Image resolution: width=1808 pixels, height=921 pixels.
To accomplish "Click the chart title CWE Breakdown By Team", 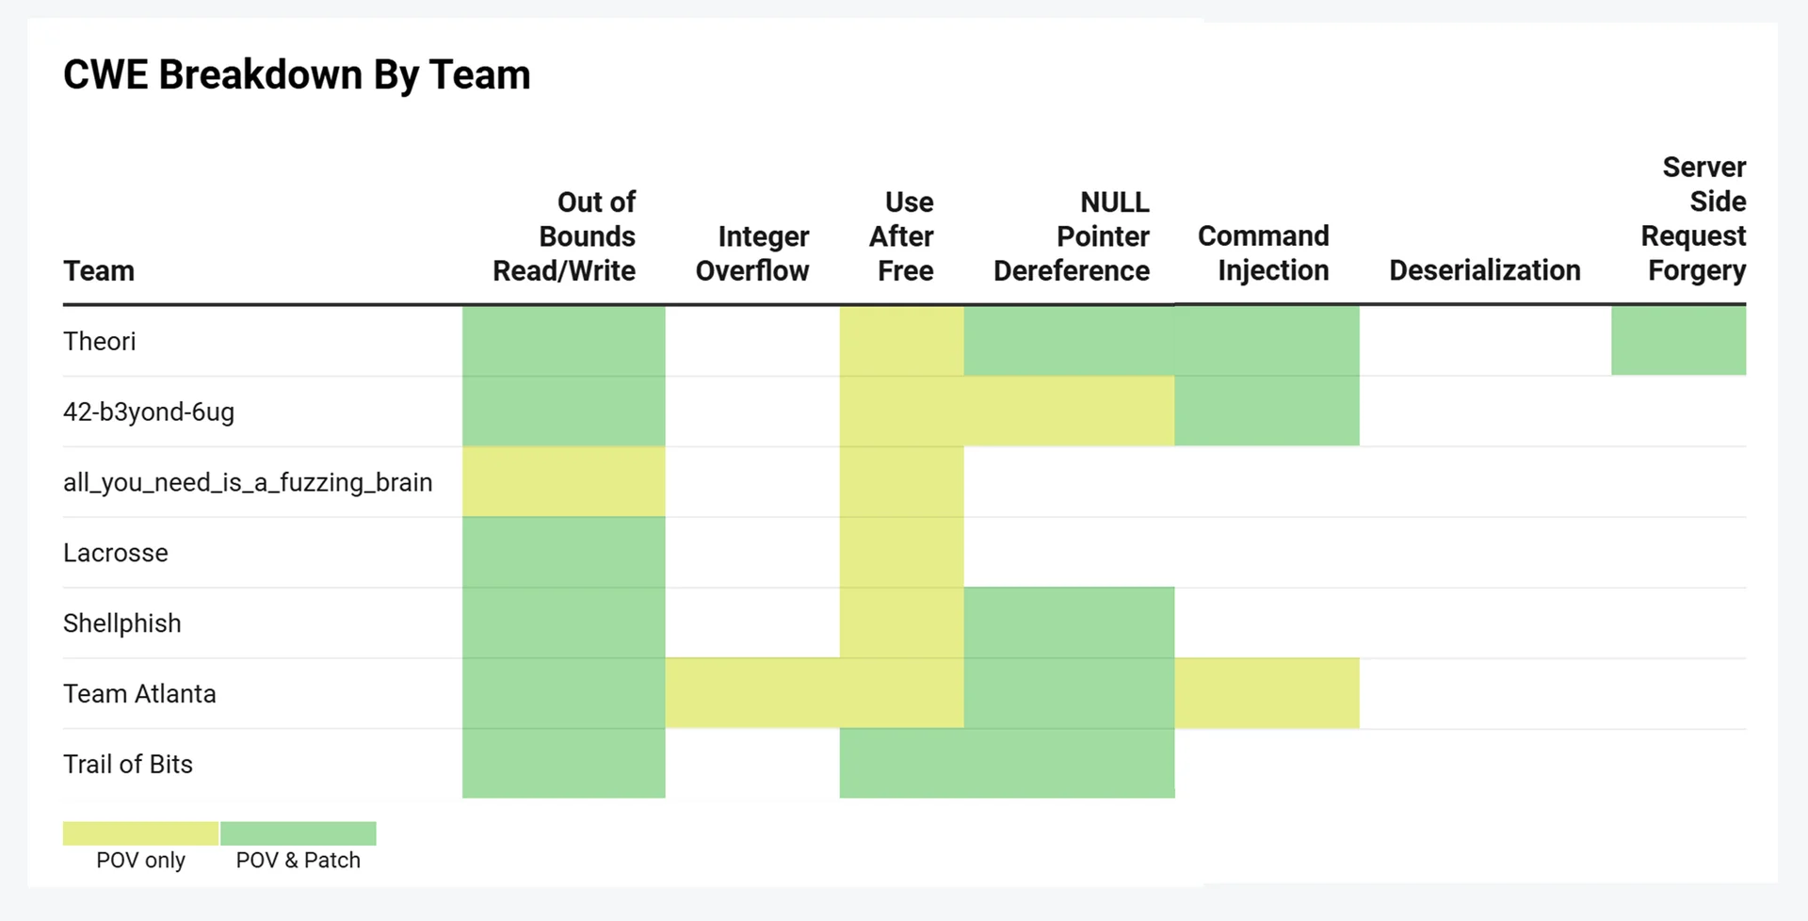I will coord(297,75).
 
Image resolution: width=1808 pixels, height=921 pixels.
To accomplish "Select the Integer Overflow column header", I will coord(752,253).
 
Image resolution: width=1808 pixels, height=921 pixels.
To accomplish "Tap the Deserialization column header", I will coord(1484,271).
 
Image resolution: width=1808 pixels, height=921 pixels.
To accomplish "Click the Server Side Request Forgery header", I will coord(1695,218).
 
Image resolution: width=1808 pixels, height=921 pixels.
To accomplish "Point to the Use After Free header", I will coord(902,236).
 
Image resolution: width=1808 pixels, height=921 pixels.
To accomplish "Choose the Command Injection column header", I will coord(1264,253).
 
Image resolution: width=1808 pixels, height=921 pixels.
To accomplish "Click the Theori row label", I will coord(100,341).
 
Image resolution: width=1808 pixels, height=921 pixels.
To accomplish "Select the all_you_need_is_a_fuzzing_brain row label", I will coord(248,482).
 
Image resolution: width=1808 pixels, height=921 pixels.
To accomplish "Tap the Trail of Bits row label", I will coord(128,764).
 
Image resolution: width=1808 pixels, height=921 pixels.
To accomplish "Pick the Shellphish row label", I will coord(122,623).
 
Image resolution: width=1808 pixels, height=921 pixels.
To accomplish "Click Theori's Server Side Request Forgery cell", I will coord(1678,341).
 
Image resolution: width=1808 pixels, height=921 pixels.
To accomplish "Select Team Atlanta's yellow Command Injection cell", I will coord(1267,693).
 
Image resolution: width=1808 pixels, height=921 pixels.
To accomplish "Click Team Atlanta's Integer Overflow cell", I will coord(752,693).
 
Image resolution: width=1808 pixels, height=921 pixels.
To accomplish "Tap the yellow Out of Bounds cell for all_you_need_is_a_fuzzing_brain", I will coord(563,482).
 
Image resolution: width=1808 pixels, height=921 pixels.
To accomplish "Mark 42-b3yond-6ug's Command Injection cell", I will coord(1267,412).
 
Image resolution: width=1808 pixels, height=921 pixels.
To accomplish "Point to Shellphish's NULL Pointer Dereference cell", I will coord(1069,623).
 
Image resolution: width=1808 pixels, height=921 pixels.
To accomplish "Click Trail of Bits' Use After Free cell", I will coord(901,764).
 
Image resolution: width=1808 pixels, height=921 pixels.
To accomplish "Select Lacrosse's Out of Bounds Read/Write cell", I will coord(563,553).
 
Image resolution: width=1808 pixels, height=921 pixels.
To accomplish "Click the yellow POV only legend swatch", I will coord(140,833).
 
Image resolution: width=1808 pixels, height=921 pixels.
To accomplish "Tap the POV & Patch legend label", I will coord(298,860).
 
